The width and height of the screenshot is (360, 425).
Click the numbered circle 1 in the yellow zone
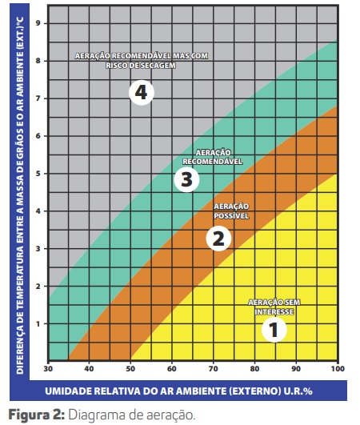274,329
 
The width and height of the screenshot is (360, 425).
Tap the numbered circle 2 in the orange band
218,238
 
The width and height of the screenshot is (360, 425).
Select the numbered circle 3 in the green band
186,178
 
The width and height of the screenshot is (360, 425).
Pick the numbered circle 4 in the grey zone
141,93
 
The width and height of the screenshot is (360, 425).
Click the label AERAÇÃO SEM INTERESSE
271,307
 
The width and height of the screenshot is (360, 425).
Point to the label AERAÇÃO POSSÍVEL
233,211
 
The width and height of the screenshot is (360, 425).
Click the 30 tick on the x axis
48,369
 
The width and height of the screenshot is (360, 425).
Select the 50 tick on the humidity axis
131,369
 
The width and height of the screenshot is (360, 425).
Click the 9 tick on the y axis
38,23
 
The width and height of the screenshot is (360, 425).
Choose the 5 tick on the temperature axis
38,174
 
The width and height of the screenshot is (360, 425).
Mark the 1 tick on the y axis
38,324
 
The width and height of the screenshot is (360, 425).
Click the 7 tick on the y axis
38,98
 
